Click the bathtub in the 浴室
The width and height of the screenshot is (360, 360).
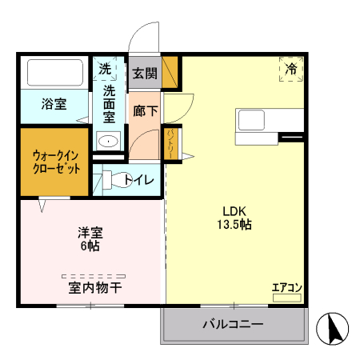click(x=55, y=73)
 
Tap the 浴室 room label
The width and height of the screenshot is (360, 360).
click(x=54, y=104)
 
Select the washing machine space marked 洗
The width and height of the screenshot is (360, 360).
click(x=105, y=69)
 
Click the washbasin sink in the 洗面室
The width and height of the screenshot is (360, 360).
click(x=108, y=141)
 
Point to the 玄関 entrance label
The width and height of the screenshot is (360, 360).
click(x=145, y=73)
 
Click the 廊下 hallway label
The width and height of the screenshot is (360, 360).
click(x=146, y=110)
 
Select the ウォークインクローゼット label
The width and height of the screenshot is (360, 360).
click(x=56, y=162)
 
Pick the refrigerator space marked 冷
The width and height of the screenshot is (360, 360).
click(x=291, y=69)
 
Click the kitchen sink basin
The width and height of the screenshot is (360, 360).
click(x=251, y=120)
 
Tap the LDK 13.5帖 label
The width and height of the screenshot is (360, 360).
click(x=234, y=218)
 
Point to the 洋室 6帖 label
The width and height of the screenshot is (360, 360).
click(x=90, y=239)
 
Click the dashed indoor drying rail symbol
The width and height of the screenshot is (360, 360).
click(x=94, y=276)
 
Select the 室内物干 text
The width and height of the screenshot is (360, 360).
click(x=95, y=288)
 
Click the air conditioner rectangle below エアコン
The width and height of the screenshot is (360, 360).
click(x=287, y=298)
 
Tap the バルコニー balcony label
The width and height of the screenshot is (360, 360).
click(x=233, y=324)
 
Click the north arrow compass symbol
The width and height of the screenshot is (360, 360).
click(x=332, y=328)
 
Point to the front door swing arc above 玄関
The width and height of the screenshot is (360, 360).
click(x=138, y=30)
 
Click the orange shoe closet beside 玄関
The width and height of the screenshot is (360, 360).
click(x=170, y=72)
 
